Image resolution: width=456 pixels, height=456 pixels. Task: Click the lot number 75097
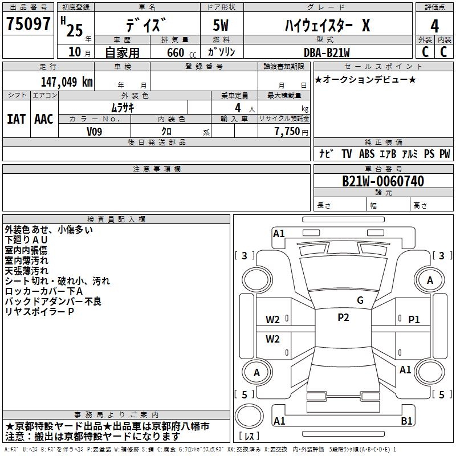28,25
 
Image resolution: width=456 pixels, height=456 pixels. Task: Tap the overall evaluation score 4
435,26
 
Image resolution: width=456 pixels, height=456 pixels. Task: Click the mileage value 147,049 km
67,82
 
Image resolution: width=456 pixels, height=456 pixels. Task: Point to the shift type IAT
16,119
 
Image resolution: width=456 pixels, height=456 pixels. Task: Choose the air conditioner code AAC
44,119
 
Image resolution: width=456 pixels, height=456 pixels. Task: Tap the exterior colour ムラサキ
122,108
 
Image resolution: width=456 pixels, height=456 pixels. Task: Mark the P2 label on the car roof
343,317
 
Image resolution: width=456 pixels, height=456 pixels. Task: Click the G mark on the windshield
360,300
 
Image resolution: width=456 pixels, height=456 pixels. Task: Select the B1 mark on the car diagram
406,421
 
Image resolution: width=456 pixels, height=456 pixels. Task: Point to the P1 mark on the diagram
414,320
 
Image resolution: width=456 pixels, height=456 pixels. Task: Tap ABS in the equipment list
367,154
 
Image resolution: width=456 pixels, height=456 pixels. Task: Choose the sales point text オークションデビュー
365,79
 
